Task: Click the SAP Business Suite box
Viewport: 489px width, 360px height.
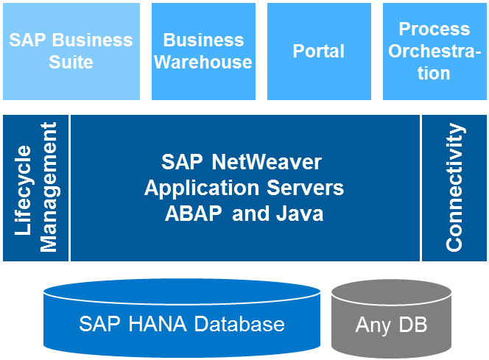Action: (x=71, y=52)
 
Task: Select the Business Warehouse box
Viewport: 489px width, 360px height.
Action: (x=203, y=52)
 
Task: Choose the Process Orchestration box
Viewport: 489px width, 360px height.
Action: (x=434, y=52)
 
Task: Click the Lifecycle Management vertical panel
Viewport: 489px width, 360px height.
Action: (x=35, y=188)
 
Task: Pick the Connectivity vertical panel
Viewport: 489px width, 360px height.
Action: (x=454, y=188)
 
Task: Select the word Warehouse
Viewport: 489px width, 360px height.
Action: (x=203, y=63)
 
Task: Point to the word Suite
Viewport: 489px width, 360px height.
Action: (x=71, y=63)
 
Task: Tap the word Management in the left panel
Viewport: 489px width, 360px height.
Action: (x=49, y=188)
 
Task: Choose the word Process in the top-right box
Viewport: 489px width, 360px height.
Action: (x=435, y=29)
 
